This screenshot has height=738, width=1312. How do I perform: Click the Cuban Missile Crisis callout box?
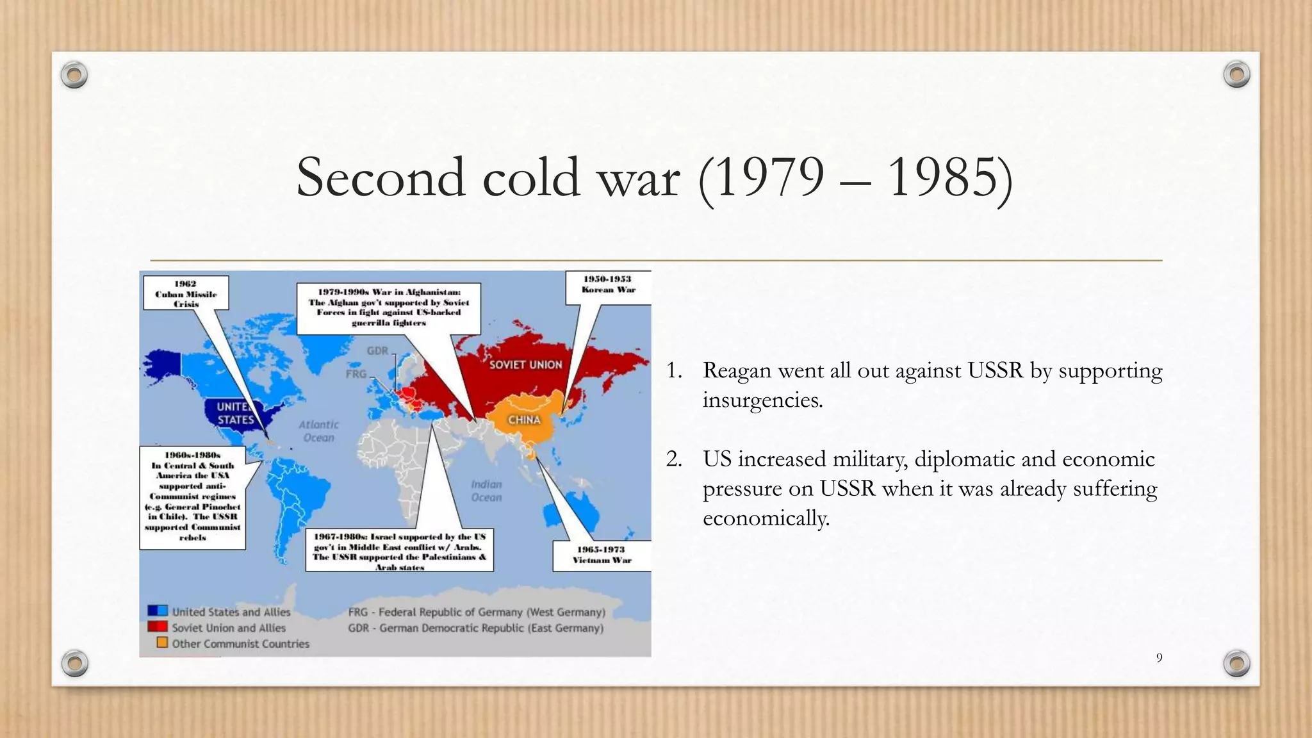[186, 293]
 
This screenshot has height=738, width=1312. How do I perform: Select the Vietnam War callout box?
[602, 555]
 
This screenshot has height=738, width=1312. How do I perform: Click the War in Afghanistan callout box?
[389, 308]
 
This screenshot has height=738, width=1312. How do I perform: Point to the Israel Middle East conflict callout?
[399, 550]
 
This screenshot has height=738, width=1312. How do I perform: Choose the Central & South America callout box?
[192, 497]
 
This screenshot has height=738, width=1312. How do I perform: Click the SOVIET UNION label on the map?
[525, 365]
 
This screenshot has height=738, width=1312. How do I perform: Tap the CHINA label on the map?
[524, 420]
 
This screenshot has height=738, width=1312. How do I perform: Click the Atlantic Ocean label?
[318, 431]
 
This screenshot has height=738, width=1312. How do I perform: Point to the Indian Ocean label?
[486, 491]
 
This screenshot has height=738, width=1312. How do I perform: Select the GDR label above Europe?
[377, 350]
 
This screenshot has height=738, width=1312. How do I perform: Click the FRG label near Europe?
[356, 373]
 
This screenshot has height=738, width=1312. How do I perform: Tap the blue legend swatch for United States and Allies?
[158, 611]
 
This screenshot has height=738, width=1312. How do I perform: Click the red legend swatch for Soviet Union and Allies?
[158, 627]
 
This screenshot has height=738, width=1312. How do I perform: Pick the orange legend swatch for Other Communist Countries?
[162, 643]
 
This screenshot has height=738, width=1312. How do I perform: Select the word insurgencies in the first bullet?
[762, 400]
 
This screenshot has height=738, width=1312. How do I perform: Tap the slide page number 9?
[1159, 658]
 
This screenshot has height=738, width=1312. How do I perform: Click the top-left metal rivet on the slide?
[74, 76]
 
